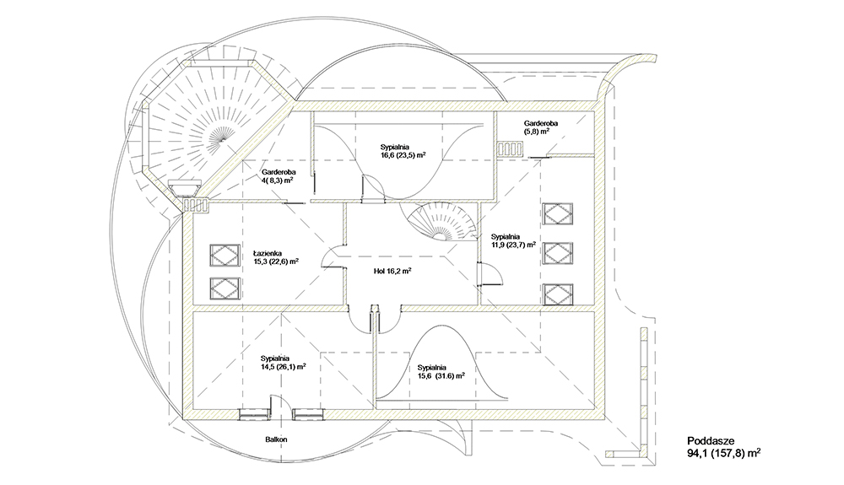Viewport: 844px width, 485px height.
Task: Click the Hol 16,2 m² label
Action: click(x=392, y=272)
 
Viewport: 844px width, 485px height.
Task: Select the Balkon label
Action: click(x=276, y=439)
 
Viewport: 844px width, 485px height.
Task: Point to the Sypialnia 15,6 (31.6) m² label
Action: click(x=441, y=372)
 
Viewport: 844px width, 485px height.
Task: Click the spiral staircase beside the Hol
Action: click(x=441, y=222)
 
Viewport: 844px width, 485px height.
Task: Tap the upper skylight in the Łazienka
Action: click(x=225, y=255)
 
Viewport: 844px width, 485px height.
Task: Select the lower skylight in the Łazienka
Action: click(x=225, y=288)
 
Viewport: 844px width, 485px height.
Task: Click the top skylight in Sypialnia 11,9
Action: click(x=558, y=214)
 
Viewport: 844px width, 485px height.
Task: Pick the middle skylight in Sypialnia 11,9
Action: click(x=558, y=253)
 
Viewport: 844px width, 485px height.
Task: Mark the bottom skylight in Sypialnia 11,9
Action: click(x=558, y=294)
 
